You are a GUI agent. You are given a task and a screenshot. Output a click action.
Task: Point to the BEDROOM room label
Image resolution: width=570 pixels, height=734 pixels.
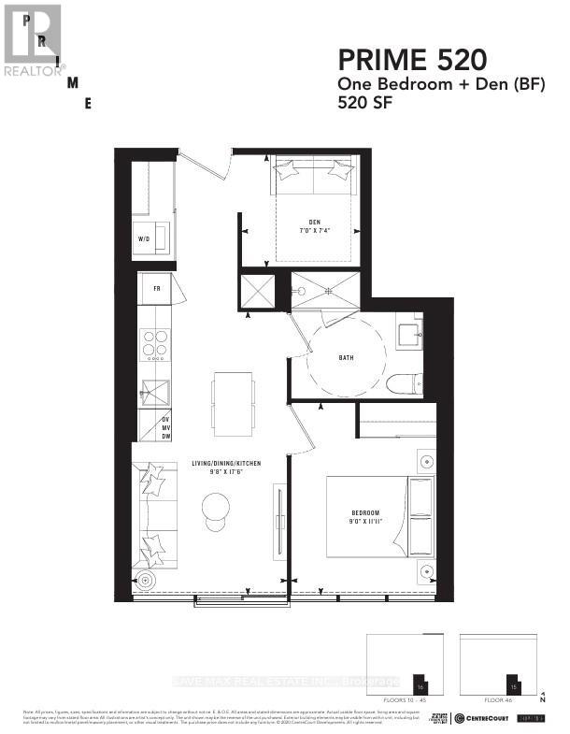point(365,512)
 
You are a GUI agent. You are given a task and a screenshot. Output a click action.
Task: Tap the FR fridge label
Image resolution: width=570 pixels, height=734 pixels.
point(157,287)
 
